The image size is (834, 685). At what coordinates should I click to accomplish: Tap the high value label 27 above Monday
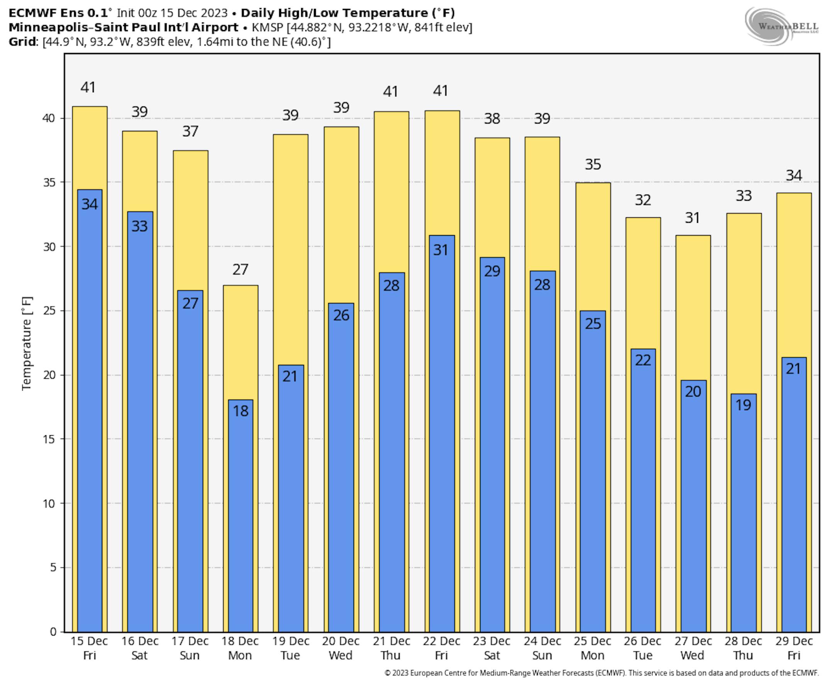tap(240, 270)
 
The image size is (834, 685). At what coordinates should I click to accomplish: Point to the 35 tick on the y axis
tap(49, 183)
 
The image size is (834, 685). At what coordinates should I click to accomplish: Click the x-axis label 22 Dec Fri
tap(441, 648)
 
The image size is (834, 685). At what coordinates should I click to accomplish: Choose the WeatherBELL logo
tap(781, 26)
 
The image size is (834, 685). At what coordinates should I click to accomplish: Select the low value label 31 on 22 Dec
tap(441, 250)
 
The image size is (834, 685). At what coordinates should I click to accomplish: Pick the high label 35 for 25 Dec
tap(593, 164)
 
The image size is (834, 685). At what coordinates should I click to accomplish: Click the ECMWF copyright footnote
tap(601, 673)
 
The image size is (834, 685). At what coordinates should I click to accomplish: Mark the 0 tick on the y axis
tap(53, 632)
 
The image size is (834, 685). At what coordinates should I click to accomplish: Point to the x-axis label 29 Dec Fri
tap(794, 648)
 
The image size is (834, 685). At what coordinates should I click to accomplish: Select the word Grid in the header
tap(22, 42)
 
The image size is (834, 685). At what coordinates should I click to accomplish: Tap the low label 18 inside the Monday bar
tap(240, 411)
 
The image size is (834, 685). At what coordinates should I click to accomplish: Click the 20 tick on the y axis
tap(49, 375)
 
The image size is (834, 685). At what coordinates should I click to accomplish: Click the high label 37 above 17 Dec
tap(190, 131)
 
